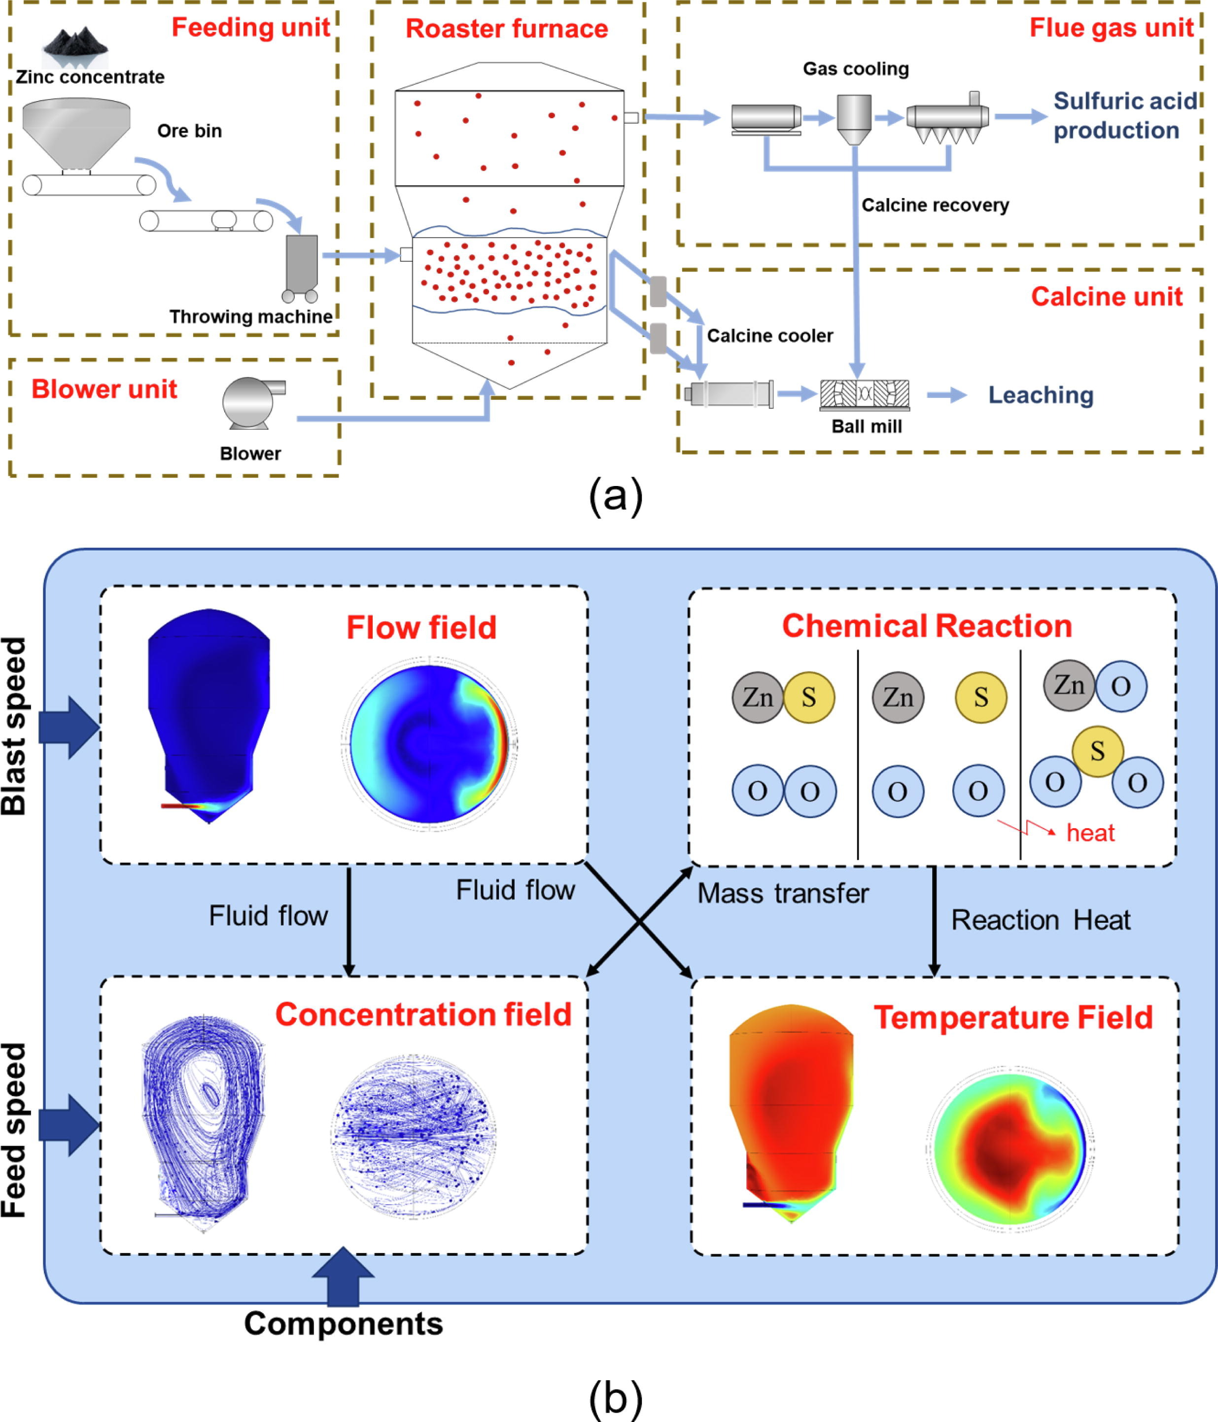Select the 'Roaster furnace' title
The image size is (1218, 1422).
click(x=506, y=29)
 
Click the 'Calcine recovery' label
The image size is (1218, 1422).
click(x=935, y=205)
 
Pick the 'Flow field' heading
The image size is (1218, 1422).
click(x=420, y=627)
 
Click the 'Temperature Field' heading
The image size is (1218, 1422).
click(x=1013, y=1018)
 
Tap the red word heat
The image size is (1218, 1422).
click(x=1090, y=833)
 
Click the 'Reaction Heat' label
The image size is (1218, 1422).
click(x=1040, y=920)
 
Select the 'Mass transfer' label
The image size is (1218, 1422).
click(x=783, y=894)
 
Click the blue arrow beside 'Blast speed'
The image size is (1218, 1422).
click(x=69, y=728)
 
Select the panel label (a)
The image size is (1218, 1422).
click(x=616, y=496)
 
